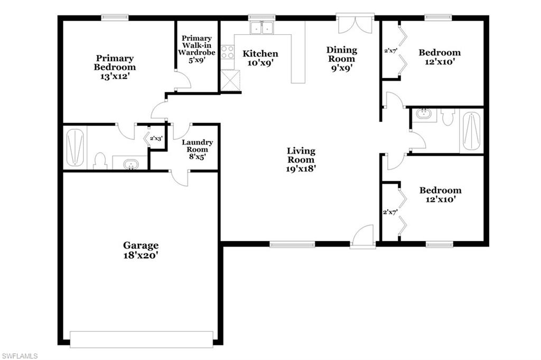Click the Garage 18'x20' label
tap(141, 250)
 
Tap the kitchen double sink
tap(261, 27)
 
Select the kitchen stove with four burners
tap(228, 52)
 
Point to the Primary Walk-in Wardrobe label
tap(197, 49)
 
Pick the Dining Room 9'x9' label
tap(342, 59)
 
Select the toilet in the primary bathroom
tap(100, 160)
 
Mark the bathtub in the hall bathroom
tap(471, 131)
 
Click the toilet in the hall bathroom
tap(448, 117)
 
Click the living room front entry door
tap(363, 236)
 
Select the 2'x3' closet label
tap(156, 138)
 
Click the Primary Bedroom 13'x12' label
tap(115, 67)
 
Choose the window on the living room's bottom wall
tap(292, 244)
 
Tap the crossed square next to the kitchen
tap(230, 81)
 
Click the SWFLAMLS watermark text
tap(20, 356)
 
